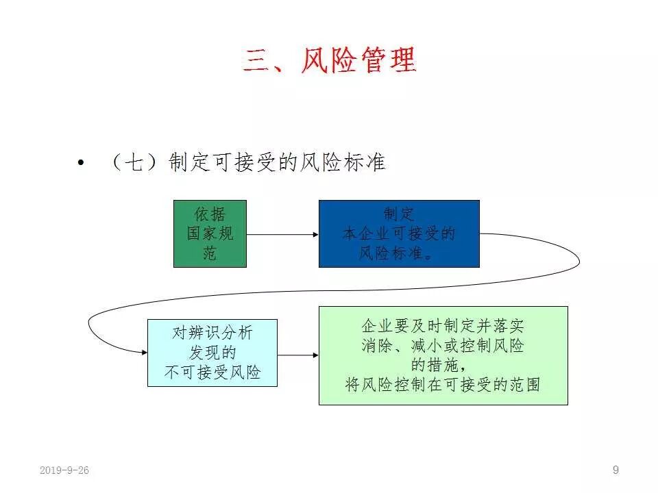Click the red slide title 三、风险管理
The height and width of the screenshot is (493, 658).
329,60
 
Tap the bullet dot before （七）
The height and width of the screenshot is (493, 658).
82,163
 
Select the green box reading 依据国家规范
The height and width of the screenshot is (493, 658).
210,233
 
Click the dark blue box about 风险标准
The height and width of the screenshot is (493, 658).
398,233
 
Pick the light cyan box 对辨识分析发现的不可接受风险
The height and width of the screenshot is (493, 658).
212,353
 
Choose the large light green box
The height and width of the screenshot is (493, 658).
443,355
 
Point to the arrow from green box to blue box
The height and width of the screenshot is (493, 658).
282,234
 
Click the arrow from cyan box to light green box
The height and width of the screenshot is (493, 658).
298,355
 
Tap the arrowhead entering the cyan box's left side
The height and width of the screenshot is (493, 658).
143,352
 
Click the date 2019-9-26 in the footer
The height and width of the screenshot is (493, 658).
64,470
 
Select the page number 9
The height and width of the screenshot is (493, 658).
616,470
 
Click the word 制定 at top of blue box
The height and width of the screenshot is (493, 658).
398,214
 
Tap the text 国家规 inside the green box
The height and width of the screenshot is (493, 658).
210,233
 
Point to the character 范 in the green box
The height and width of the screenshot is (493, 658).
210,253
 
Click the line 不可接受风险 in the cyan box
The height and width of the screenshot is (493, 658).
212,373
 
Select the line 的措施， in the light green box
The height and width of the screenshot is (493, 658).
443,365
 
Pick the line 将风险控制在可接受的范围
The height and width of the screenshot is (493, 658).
443,384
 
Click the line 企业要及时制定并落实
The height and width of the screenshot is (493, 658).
443,326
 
